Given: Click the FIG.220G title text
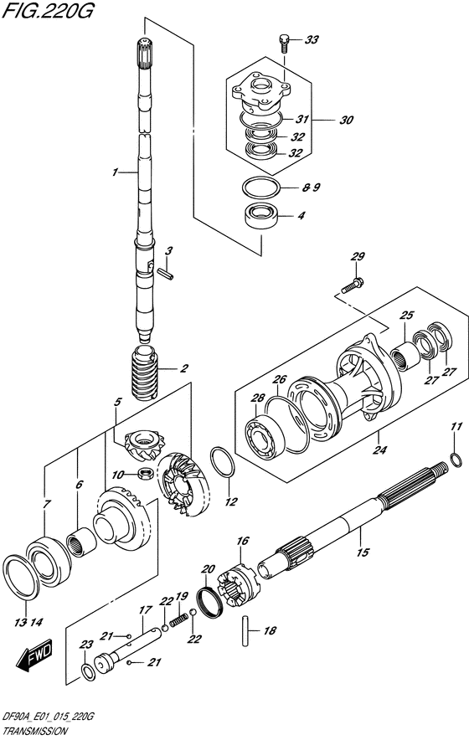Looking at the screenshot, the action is pos(48,10).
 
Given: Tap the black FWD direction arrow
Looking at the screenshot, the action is pos(34,655).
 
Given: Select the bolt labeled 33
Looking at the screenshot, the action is pos(284,42).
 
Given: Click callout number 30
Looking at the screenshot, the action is pos(346,121).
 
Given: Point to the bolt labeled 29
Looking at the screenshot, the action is pos(353,286).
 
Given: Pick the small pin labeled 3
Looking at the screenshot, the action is pos(167,273).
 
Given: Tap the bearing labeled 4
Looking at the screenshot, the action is pos(261,217).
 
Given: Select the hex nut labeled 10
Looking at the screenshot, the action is pos(145,472).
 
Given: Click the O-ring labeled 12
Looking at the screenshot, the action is pos(223,461).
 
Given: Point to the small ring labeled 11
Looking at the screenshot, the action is pos(456,460).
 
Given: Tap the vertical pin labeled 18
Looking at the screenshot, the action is pos(246,630).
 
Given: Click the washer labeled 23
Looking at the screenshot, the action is pos(88,672).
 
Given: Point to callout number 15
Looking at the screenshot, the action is pos(363,552).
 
